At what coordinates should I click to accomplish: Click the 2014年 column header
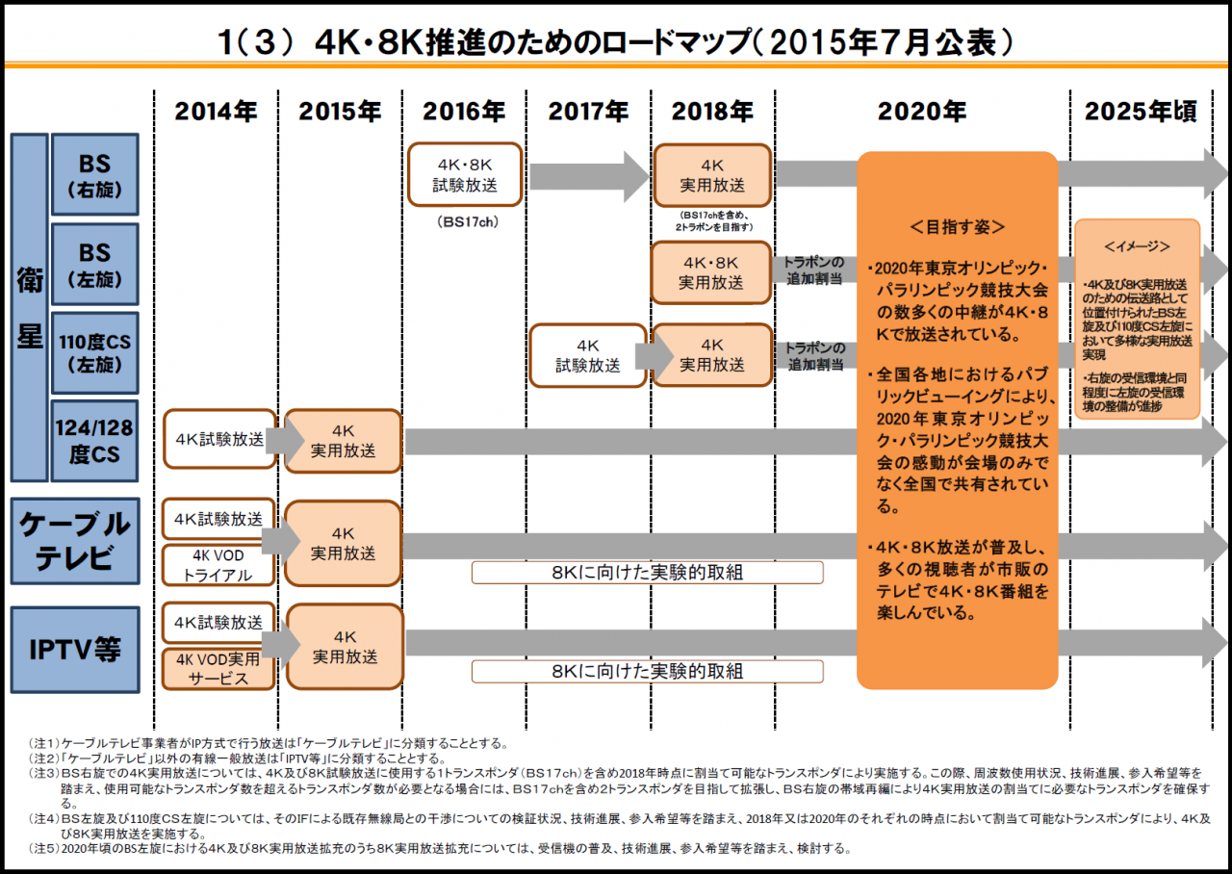click(x=216, y=112)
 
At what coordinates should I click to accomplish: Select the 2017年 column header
click(x=589, y=112)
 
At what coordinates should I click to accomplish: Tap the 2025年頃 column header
click(x=1142, y=112)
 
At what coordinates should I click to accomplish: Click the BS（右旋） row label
click(x=94, y=174)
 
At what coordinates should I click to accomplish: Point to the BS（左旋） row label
click(x=94, y=264)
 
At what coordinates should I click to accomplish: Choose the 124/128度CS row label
click(x=94, y=441)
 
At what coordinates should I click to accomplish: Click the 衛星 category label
click(x=29, y=308)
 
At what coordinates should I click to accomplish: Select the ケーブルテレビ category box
click(x=75, y=540)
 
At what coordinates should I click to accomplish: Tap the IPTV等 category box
click(x=75, y=649)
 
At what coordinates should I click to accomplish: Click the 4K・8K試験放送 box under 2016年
click(x=465, y=174)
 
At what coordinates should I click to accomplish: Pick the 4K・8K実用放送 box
click(x=711, y=272)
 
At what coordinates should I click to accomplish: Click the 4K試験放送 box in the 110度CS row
click(x=587, y=355)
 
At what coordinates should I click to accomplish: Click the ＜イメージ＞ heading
click(x=1137, y=246)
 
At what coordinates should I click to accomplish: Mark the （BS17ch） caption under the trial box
click(x=466, y=221)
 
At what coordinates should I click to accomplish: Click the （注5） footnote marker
click(x=43, y=849)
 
